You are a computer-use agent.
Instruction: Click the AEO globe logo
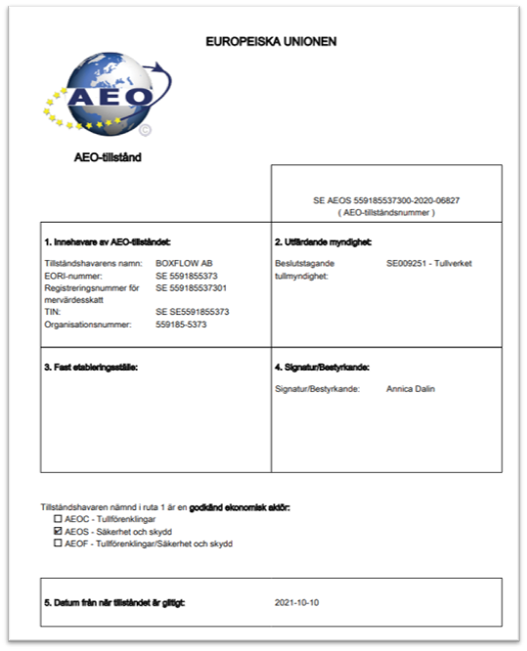click(101, 95)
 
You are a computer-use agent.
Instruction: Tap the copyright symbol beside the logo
click(145, 128)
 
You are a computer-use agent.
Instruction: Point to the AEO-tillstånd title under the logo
click(108, 156)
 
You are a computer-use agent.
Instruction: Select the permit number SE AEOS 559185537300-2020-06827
click(386, 200)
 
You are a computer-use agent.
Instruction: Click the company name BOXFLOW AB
click(183, 263)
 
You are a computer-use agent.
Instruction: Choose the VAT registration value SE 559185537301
click(198, 288)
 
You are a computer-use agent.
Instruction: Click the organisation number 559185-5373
click(181, 324)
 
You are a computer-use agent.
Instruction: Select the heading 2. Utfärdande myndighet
click(326, 241)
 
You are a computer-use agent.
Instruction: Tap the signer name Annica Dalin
click(411, 389)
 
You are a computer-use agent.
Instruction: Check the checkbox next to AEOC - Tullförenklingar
click(59, 520)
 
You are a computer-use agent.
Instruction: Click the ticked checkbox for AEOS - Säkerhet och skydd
click(59, 531)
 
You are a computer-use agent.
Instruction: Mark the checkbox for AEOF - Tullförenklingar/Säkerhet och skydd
click(59, 542)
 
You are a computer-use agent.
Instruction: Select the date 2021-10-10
click(296, 603)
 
